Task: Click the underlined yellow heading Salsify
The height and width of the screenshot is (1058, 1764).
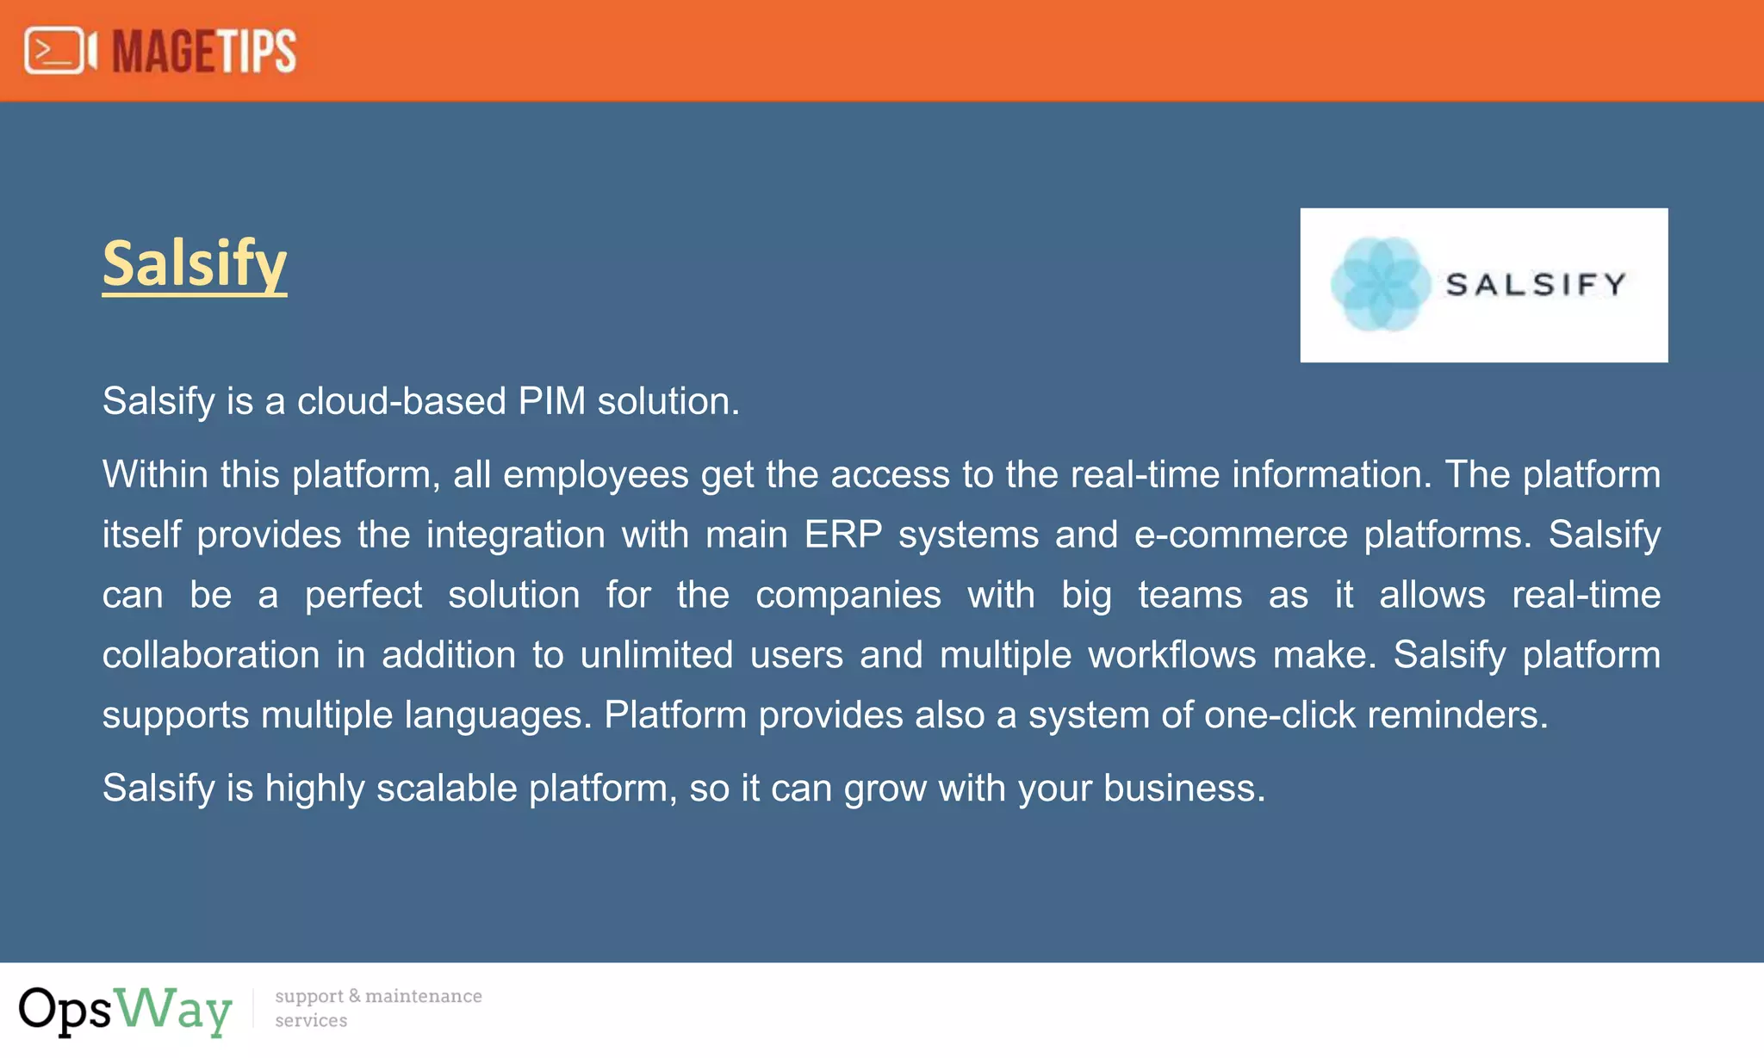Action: coord(194,263)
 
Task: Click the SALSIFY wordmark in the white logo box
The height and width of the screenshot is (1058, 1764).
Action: coord(1536,284)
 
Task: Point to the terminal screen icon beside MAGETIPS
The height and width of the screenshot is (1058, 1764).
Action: coord(55,51)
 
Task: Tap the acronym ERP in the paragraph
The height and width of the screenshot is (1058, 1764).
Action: coord(842,535)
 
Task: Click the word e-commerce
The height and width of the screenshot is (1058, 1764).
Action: coord(1240,535)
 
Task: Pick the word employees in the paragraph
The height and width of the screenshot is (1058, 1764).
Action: coord(595,475)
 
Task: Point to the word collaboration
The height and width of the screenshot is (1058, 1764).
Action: coord(211,655)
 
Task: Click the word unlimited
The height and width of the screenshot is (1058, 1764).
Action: coord(656,655)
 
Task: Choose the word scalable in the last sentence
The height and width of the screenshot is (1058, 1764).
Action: coord(446,789)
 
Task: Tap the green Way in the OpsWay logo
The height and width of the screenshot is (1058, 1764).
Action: coord(174,1009)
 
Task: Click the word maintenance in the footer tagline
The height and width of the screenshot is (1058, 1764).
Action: coord(423,996)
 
